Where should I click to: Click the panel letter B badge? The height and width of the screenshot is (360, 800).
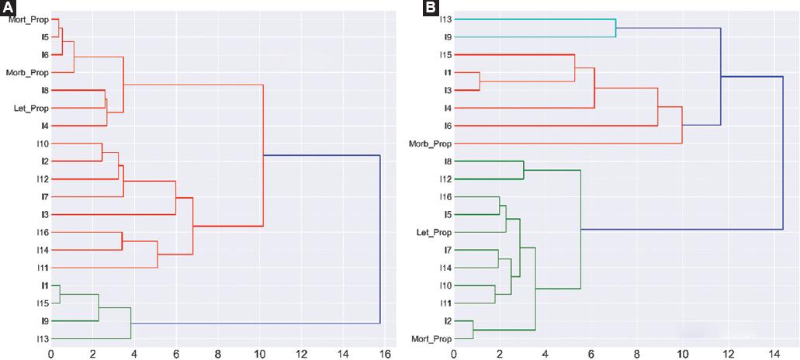pyautogui.click(x=429, y=8)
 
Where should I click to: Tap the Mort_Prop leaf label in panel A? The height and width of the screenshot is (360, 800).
pyautogui.click(x=28, y=19)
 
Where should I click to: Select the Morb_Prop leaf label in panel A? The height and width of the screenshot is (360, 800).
pyautogui.click(x=28, y=72)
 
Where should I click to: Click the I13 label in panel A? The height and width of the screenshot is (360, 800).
pyautogui.click(x=42, y=339)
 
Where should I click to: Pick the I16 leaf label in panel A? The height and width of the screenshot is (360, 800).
pyautogui.click(x=42, y=232)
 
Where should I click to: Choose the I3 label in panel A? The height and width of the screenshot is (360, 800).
pyautogui.click(x=45, y=214)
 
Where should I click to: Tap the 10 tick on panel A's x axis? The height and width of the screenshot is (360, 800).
pyautogui.click(x=259, y=355)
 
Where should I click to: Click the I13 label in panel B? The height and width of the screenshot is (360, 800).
pyautogui.click(x=446, y=19)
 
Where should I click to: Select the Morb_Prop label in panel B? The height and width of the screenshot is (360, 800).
pyautogui.click(x=431, y=144)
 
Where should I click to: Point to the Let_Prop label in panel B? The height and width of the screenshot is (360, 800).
pyautogui.click(x=435, y=232)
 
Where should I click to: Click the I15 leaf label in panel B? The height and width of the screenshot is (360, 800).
pyautogui.click(x=446, y=54)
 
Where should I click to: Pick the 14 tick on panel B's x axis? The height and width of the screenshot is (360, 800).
pyautogui.click(x=774, y=355)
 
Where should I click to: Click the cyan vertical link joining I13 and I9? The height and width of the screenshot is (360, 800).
pyautogui.click(x=616, y=28)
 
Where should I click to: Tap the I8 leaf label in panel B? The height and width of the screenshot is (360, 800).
pyautogui.click(x=448, y=161)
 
